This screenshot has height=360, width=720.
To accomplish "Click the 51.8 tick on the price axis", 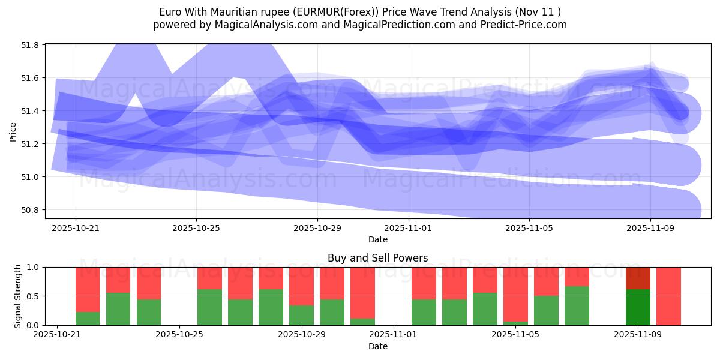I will pos(32,45).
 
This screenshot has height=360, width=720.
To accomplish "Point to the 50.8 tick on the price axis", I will pos(32,210).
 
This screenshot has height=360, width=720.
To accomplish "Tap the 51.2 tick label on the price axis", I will pos(32,144).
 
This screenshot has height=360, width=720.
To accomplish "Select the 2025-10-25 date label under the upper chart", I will pos(196,229).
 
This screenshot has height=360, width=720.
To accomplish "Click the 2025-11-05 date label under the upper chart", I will pos(529,229).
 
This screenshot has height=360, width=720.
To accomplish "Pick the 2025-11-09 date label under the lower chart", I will pos(637,335).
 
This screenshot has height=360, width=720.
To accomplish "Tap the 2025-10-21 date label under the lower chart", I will pos(57,335).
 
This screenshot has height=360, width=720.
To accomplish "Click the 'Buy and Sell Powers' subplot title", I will pos(377,258).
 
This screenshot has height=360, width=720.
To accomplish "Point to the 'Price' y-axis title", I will pos(13,131).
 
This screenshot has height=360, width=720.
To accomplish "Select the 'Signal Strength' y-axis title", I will pos(18,296).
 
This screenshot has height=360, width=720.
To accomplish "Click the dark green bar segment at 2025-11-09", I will pos(637,307).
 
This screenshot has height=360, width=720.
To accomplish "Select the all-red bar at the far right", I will pos(668,296).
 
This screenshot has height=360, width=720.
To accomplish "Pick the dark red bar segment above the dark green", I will pos(637,278).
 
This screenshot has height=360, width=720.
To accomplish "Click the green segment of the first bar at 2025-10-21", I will pos(88,318).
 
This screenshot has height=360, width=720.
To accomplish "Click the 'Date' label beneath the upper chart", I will pos(377,239).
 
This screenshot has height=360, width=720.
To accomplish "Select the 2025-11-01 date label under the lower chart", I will pos(392,335).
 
